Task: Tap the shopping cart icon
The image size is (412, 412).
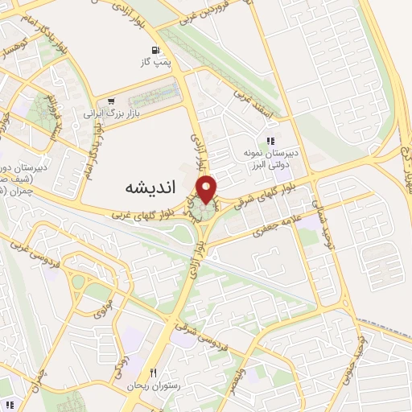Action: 109,103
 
